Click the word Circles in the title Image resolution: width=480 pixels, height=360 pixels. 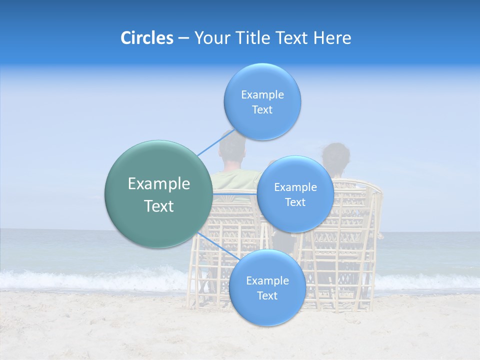click(x=146, y=38)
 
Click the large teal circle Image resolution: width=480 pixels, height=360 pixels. click(x=158, y=194)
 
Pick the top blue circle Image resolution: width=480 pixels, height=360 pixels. click(x=262, y=101)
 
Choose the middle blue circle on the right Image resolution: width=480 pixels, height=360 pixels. click(x=295, y=194)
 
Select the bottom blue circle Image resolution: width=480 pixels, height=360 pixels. click(x=267, y=287)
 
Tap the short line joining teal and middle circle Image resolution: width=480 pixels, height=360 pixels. click(x=235, y=193)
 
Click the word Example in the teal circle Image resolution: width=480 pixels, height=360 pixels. click(x=158, y=184)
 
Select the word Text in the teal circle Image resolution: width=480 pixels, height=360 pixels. click(x=158, y=206)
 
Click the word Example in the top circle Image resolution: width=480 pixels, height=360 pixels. click(x=262, y=94)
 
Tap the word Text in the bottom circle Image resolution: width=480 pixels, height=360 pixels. click(x=267, y=295)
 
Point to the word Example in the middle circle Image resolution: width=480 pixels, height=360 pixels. click(x=295, y=187)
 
